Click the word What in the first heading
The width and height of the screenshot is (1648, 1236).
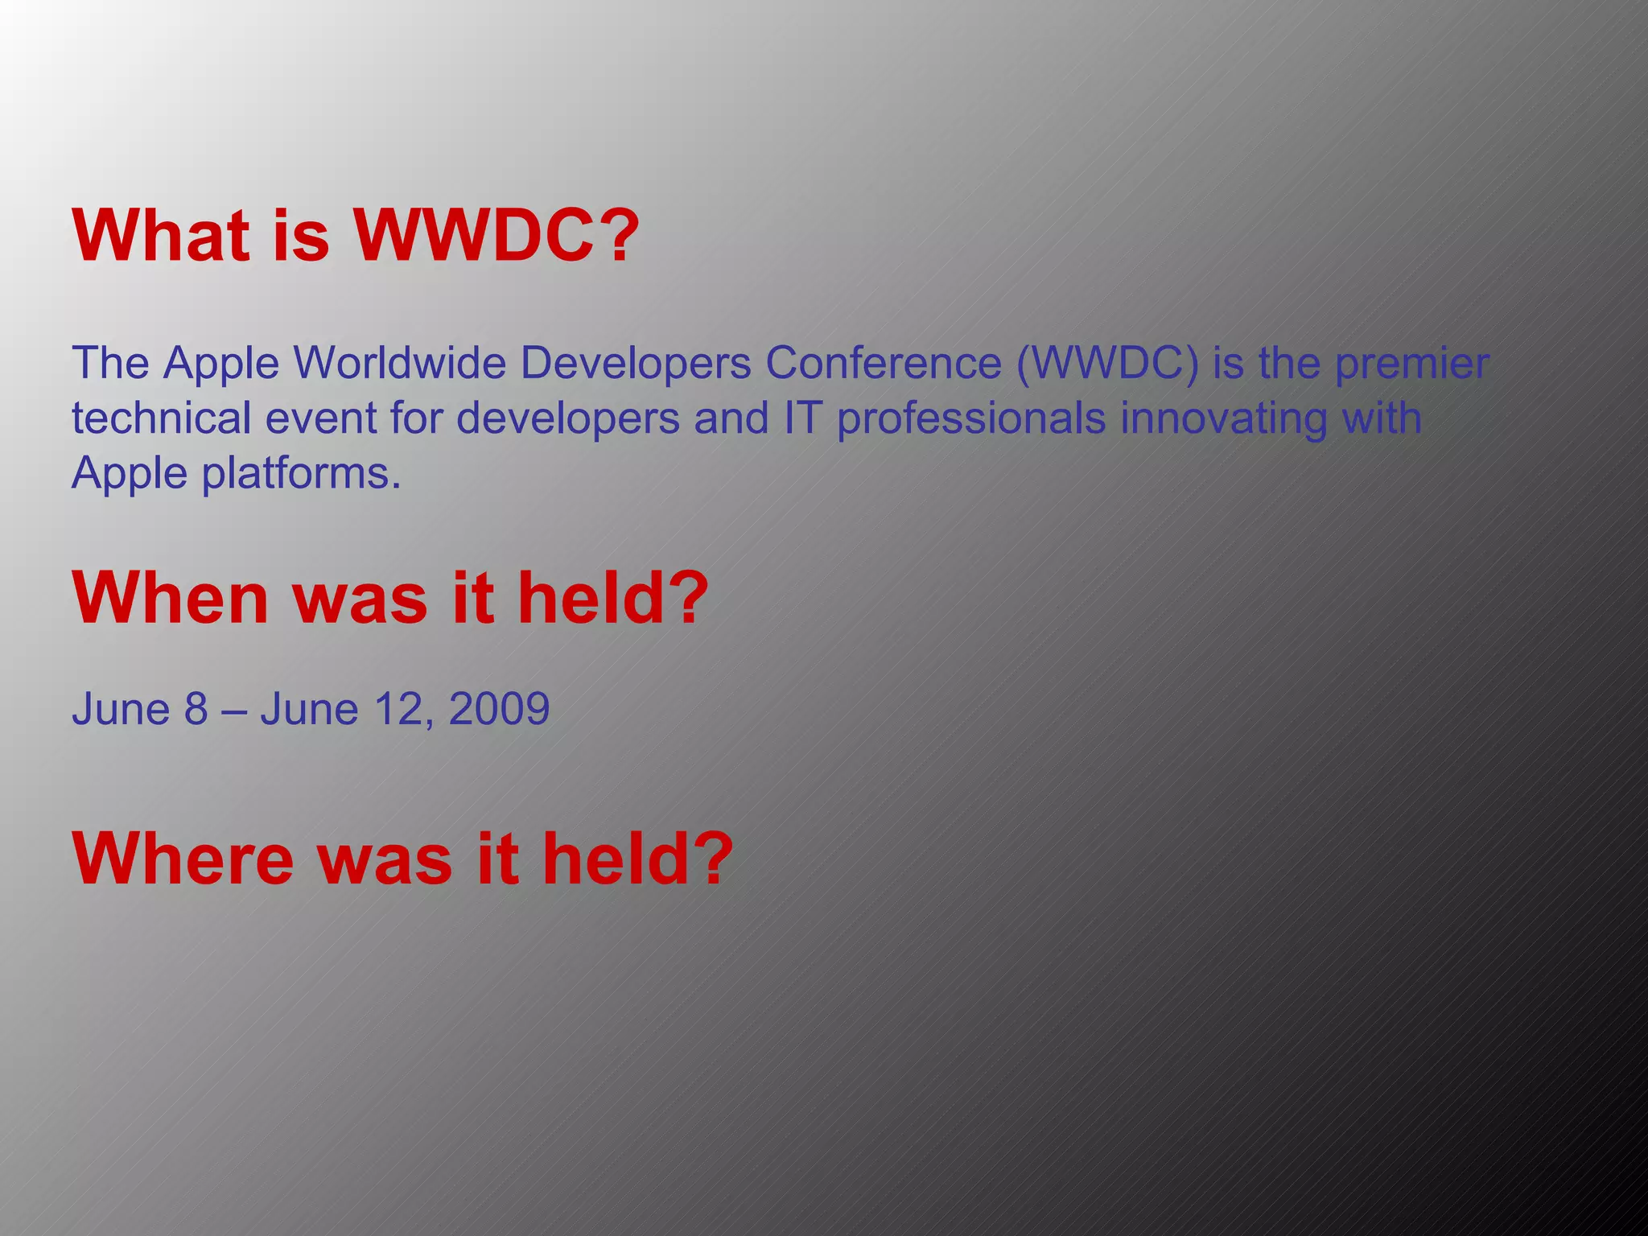pyautogui.click(x=160, y=236)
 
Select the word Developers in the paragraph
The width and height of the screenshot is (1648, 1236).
pyautogui.click(x=635, y=363)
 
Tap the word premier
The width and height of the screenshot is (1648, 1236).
pyautogui.click(x=1411, y=363)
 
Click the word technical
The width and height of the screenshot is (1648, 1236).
pyautogui.click(x=161, y=418)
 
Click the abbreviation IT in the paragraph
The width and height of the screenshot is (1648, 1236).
pyautogui.click(x=800, y=418)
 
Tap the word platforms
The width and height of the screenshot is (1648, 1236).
pyautogui.click(x=301, y=473)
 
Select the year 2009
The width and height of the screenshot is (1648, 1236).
pyautogui.click(x=499, y=709)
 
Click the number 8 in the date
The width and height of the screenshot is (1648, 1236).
pyautogui.click(x=196, y=709)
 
